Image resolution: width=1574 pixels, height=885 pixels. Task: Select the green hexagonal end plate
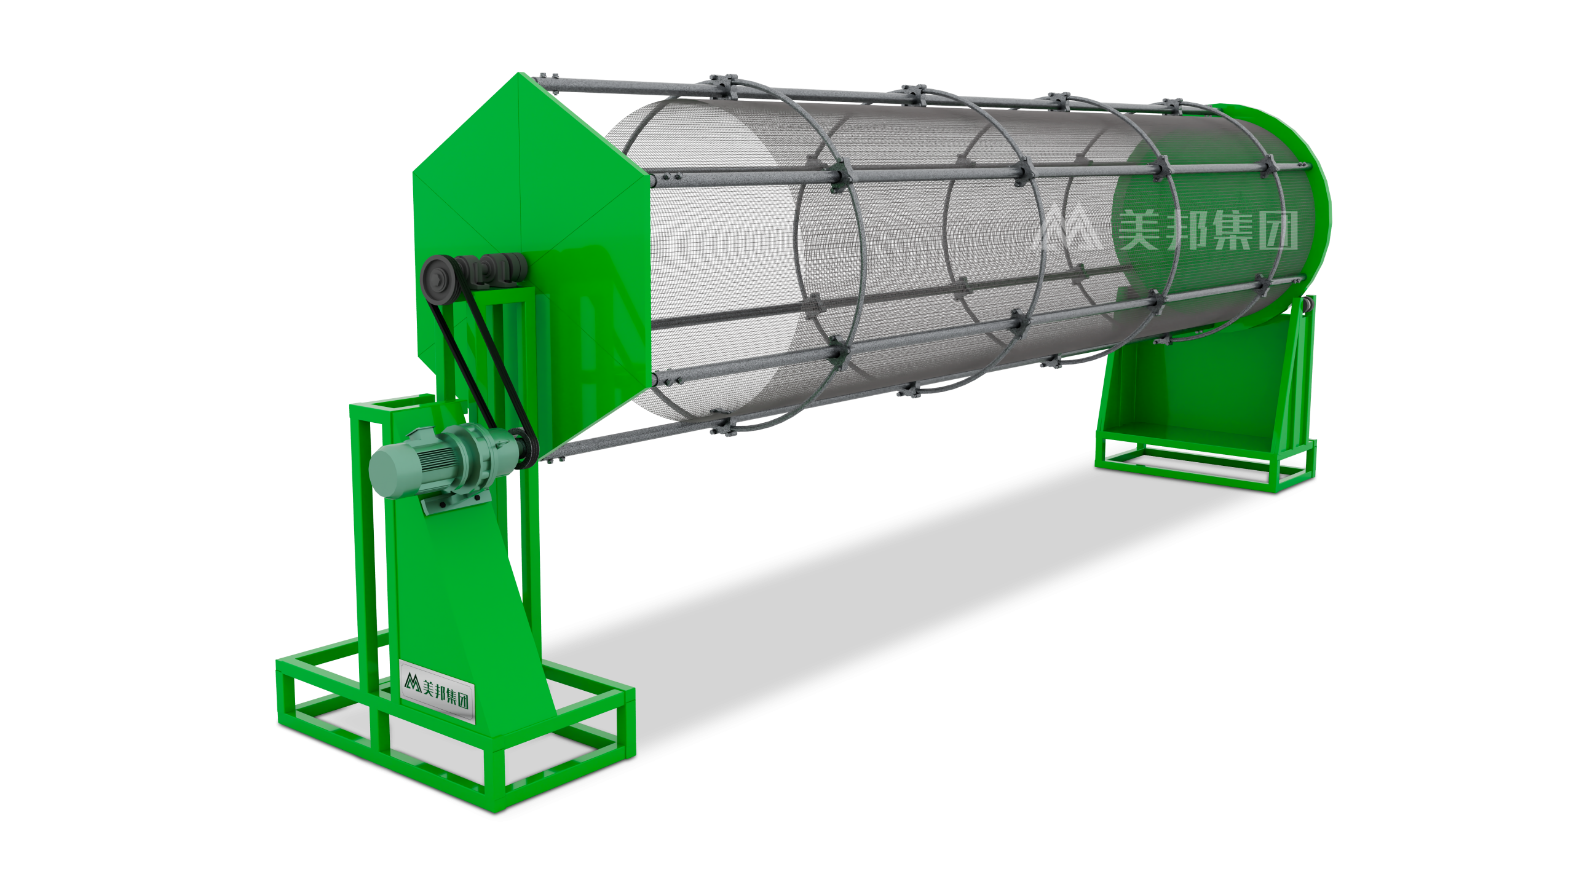[529, 184]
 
